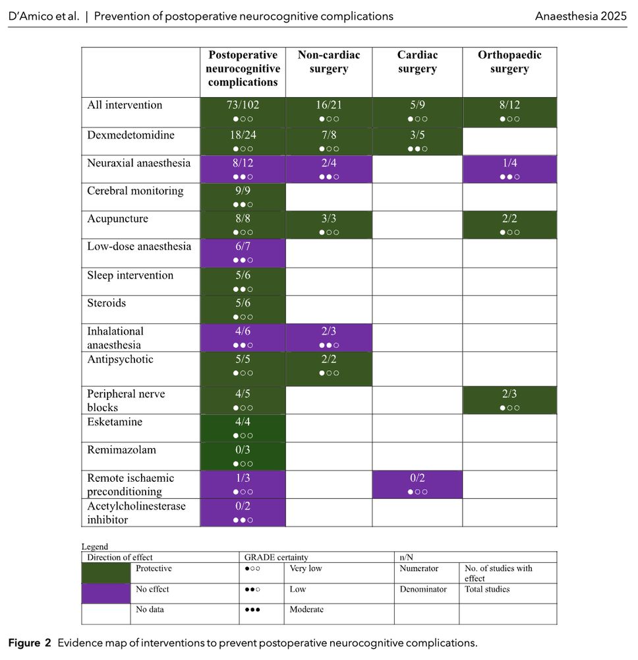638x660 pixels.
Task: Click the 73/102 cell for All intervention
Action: (243, 111)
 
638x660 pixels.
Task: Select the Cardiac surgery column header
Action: (417, 62)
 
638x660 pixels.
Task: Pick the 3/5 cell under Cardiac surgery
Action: (417, 141)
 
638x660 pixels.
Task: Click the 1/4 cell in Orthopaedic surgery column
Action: (509, 169)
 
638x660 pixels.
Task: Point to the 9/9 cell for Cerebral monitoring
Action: (243, 197)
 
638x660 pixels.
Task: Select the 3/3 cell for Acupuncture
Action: (328, 224)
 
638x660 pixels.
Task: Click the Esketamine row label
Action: (115, 422)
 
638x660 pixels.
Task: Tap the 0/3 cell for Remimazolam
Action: (243, 456)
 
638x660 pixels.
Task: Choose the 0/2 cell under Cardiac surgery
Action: (417, 484)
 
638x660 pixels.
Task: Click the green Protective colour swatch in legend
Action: (105, 573)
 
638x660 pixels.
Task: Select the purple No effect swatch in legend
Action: (105, 593)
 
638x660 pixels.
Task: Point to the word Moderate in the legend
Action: (306, 610)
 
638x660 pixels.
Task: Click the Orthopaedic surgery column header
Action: (509, 62)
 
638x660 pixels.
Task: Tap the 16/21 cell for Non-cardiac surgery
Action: (328, 111)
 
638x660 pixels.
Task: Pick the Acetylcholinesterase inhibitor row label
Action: (136, 512)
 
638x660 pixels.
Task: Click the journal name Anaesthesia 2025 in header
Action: (581, 15)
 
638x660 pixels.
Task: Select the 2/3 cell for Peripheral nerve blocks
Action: (509, 400)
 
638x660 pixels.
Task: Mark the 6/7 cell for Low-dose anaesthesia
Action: (243, 253)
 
